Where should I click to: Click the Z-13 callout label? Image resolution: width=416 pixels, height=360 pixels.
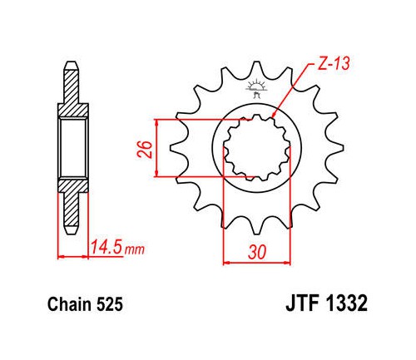[334, 64]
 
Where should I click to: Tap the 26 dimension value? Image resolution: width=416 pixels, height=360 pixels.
[145, 150]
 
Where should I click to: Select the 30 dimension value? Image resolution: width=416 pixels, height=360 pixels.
[257, 253]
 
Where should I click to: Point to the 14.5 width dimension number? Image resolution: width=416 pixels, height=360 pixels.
[106, 248]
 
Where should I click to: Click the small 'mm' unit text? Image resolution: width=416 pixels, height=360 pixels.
[135, 250]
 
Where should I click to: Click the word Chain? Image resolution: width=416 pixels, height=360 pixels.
[70, 304]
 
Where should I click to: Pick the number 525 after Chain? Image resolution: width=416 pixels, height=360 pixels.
[110, 304]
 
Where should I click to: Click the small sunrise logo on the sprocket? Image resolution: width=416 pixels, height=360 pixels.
[256, 88]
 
